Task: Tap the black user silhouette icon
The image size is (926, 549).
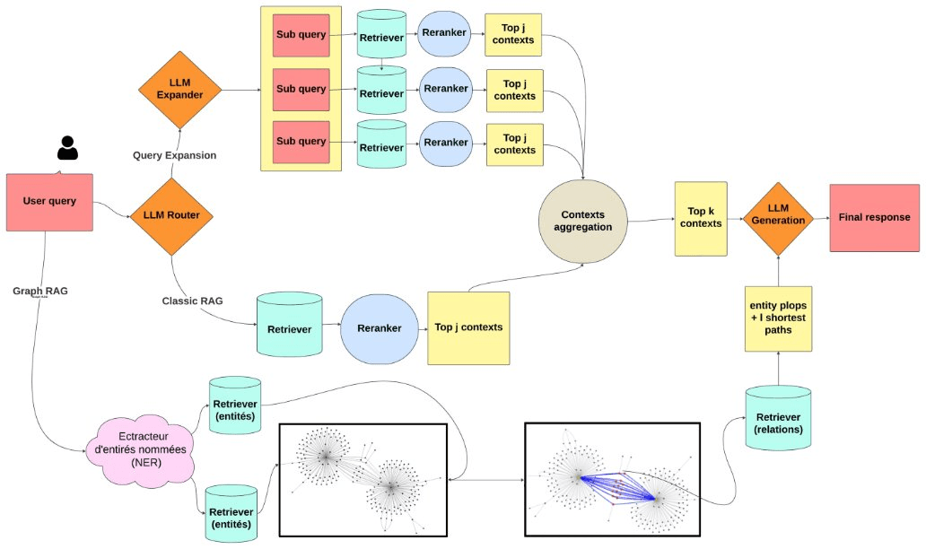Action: pos(67,148)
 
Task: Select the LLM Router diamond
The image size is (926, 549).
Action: pos(171,215)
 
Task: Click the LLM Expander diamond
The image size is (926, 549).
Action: pos(179,89)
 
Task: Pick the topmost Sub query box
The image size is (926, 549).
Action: pos(301,39)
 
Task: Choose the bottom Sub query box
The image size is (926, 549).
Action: pos(301,142)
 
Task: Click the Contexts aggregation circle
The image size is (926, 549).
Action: pos(582,221)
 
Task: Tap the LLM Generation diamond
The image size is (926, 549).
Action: pos(778,215)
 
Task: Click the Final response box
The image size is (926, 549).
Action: pos(873,218)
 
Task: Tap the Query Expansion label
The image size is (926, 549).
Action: pos(174,155)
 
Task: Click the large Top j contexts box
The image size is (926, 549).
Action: pos(467,327)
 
